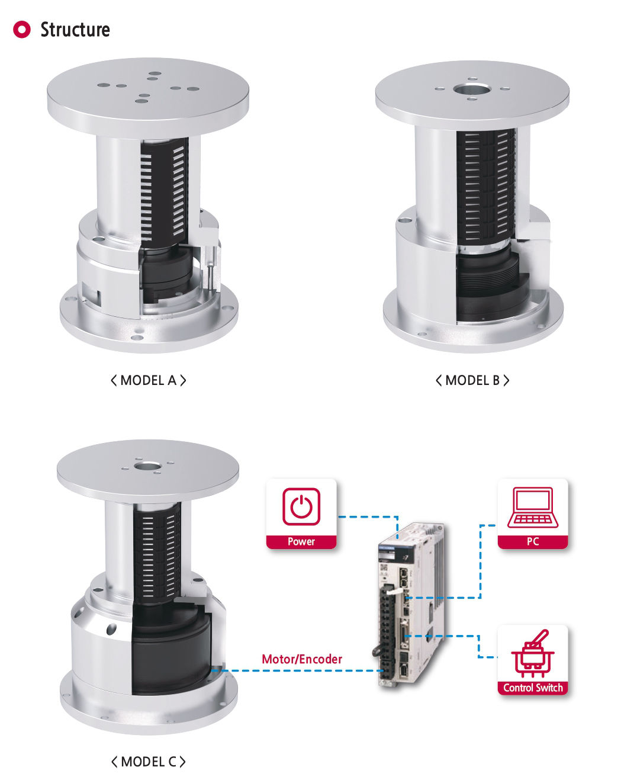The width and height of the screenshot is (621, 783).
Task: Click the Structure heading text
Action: click(x=75, y=30)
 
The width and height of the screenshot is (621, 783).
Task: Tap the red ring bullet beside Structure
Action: click(x=22, y=30)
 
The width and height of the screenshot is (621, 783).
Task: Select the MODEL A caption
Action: click(x=149, y=381)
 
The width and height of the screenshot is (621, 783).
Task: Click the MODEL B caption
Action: click(x=472, y=381)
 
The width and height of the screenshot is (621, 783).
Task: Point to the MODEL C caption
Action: click(x=149, y=762)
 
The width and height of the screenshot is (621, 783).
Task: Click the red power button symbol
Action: click(x=301, y=506)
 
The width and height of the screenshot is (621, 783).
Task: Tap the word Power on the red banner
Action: click(x=301, y=541)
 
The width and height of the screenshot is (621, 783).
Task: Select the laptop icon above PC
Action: click(x=533, y=507)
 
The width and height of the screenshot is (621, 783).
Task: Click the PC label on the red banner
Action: click(x=533, y=541)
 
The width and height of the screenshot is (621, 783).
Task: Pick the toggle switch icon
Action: click(x=533, y=653)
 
